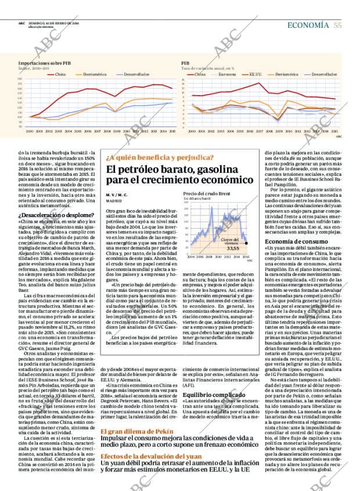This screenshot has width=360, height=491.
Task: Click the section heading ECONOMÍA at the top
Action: click(309, 25)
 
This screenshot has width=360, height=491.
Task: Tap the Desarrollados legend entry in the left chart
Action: click(137, 74)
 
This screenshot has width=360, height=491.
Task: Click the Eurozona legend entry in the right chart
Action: click(227, 74)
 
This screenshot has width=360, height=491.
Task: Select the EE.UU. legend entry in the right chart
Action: click(255, 74)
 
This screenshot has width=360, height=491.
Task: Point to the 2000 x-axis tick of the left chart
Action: click(29, 132)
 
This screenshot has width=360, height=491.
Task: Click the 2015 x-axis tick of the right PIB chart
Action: click(334, 132)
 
